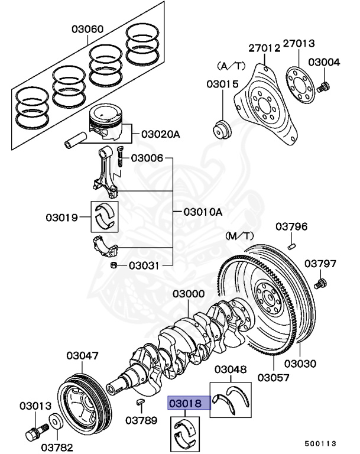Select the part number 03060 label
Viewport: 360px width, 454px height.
[88, 29]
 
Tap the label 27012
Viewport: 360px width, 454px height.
[264, 48]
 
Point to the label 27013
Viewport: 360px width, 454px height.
[299, 44]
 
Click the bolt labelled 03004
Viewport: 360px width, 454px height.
[323, 87]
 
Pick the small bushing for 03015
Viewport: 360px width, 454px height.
[222, 129]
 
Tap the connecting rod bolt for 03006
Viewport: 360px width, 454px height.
[119, 156]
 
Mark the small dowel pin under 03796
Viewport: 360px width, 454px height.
[291, 241]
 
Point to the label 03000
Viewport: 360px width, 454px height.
[189, 294]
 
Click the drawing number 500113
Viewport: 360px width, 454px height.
[320, 443]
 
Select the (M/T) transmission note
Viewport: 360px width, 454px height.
[239, 236]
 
